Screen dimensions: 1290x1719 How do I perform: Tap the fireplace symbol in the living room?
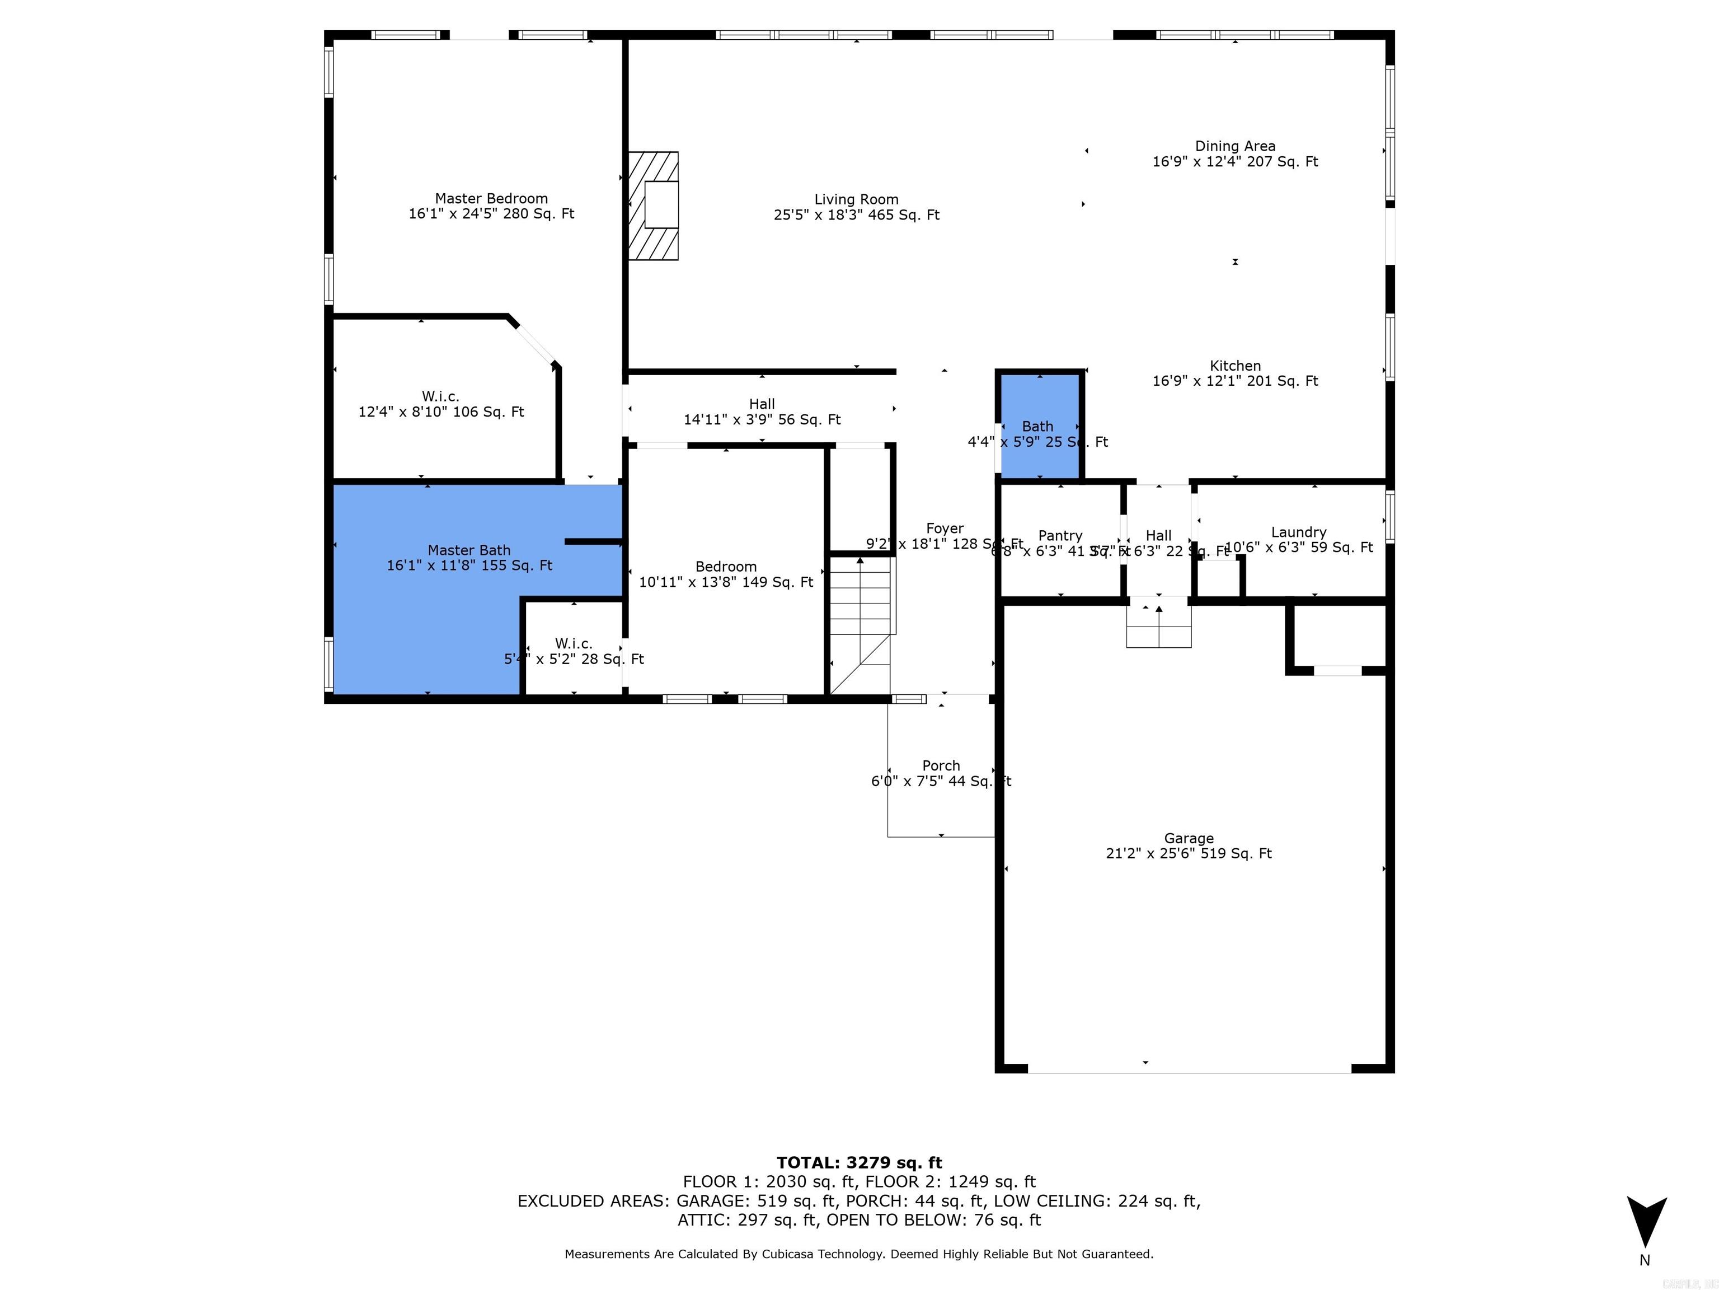point(654,205)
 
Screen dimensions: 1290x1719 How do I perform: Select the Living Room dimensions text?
point(856,216)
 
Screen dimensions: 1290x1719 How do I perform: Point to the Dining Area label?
point(1235,146)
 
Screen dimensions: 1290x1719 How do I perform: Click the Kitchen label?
point(1235,366)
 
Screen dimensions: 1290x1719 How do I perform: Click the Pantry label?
point(1060,536)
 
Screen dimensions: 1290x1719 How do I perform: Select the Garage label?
point(1188,838)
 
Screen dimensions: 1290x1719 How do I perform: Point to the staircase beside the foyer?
point(860,622)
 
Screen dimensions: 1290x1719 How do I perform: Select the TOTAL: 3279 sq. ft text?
point(859,1162)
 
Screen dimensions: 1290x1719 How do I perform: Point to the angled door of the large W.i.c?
point(534,343)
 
